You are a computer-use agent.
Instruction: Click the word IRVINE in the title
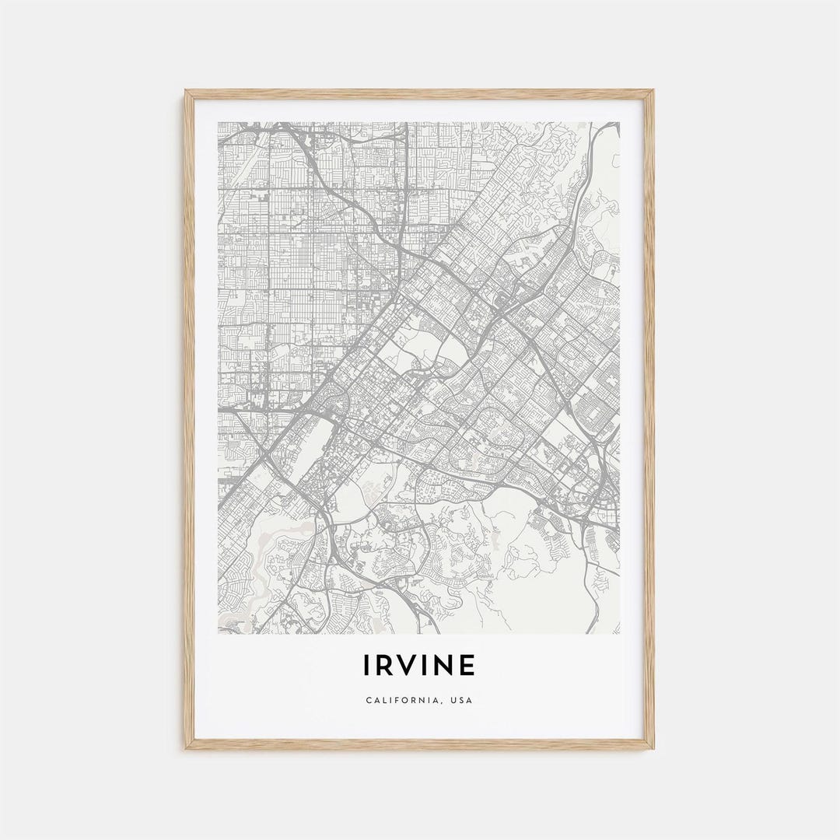418,666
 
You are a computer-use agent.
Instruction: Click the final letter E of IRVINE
467,666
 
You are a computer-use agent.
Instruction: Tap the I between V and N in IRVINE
427,666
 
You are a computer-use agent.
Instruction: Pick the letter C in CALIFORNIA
368,700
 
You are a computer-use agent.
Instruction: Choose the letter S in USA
462,700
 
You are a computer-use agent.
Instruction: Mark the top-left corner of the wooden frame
186,91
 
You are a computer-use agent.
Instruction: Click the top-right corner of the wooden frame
653,91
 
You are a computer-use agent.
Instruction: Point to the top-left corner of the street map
219,122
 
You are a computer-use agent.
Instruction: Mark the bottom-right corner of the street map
620,633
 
